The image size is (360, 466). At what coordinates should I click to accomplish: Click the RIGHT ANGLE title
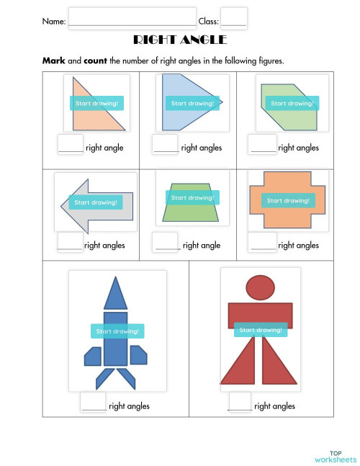pos(180,40)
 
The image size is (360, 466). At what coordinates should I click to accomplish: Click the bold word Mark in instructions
pos(53,61)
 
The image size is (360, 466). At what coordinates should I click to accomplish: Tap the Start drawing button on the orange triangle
pos(96,103)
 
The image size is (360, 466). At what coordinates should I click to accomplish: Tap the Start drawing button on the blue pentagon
pos(192,103)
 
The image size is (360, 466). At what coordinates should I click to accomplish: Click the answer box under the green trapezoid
pos(167,242)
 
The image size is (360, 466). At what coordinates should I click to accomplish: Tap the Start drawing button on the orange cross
pos(287,200)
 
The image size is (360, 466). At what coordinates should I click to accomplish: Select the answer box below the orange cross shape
pos(263,242)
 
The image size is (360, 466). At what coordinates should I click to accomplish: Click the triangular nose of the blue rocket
pos(115,294)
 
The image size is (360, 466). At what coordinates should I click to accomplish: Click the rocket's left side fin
pos(93,356)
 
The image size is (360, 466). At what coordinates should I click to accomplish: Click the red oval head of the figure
pos(260,288)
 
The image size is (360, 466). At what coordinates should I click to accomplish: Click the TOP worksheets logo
pos(335,455)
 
